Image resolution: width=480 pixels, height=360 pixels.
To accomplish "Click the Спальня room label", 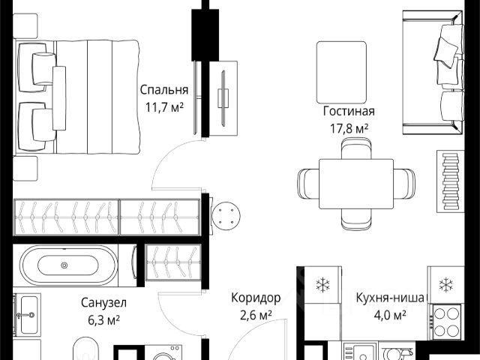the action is tap(164, 90).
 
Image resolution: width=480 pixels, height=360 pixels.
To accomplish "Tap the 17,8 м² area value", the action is tap(349, 128).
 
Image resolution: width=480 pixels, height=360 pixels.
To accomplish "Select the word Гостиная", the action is tap(349, 111).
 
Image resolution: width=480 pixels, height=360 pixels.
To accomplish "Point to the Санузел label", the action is tap(103, 303).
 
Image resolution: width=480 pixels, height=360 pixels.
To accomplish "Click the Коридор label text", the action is tap(256, 298).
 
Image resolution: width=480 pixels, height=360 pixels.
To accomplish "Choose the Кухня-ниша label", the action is tap(390, 298).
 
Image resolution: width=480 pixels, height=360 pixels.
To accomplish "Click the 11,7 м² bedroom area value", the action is tap(164, 107).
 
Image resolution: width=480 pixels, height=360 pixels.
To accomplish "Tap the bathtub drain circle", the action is tap(64, 265).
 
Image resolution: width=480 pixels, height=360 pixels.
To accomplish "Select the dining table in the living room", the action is tap(356, 184).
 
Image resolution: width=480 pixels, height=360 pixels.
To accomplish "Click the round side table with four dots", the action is tap(226, 216).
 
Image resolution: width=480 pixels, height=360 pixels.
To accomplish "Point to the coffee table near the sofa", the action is tap(342, 72).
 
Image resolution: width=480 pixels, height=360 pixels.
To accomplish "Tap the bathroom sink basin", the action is tap(29, 315).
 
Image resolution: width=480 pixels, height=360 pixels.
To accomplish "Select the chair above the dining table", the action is tap(356, 148).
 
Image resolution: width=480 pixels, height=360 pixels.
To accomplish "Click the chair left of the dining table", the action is tap(308, 184).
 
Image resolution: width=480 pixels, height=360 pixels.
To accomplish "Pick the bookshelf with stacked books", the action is tap(450, 181).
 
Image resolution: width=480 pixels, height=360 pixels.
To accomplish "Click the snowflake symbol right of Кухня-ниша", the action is tap(445, 285).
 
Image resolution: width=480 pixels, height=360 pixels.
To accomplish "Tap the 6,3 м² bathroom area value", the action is tap(103, 320).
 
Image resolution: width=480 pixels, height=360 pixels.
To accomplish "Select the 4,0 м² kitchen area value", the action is tap(390, 315).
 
